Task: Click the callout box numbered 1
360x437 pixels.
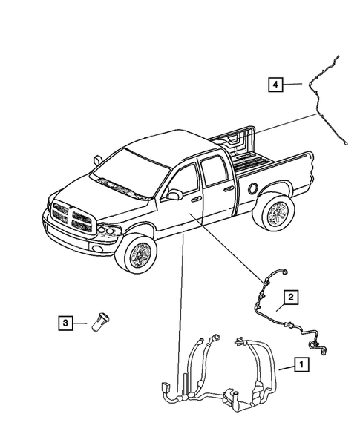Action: [x=302, y=364]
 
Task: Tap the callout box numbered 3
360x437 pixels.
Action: [x=66, y=323]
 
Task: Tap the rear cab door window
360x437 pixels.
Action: [x=215, y=173]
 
